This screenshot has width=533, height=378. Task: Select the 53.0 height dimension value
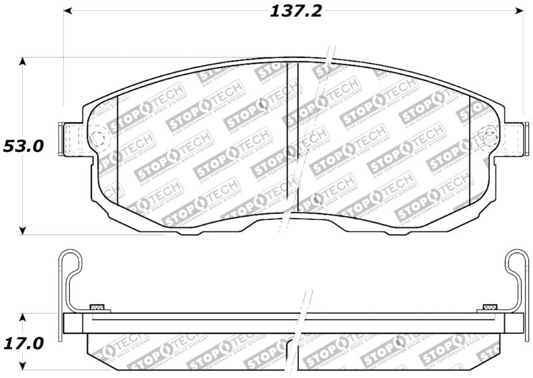coord(23,146)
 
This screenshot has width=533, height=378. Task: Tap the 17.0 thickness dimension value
coord(23,344)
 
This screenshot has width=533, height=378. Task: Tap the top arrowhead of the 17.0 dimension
coord(23,317)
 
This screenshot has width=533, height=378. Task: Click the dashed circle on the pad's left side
coord(98,139)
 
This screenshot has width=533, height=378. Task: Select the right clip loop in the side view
coord(516,261)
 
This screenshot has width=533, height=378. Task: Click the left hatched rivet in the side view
coord(97,307)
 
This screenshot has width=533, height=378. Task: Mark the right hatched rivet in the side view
coord(490,307)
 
